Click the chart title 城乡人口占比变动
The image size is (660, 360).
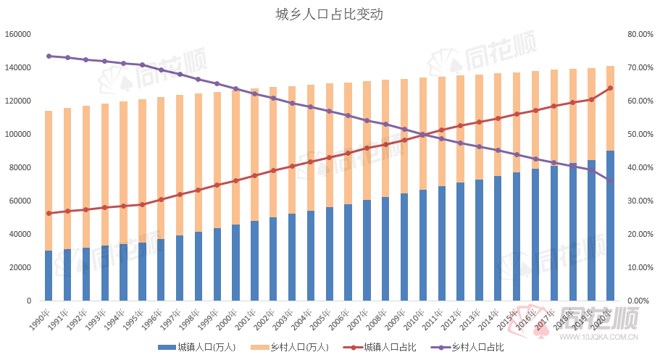coord(329,14)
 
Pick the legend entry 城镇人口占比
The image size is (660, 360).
coord(389,348)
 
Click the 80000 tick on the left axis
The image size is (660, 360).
coord(20,167)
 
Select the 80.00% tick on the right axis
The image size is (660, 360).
coord(640,34)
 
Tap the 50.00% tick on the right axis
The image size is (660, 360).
coord(640,134)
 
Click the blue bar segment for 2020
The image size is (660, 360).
coord(611,226)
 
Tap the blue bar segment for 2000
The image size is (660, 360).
coord(236,262)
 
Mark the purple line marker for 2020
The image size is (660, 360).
coord(611,180)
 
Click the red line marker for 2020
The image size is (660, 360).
coord(611,88)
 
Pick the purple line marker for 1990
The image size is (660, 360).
coord(49,56)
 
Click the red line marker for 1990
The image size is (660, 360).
coord(49,213)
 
